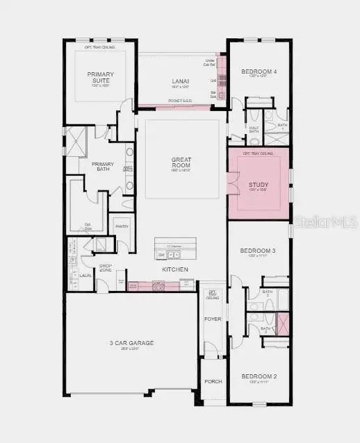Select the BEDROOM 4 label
(259, 72)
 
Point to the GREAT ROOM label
(181, 163)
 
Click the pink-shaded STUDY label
(259, 185)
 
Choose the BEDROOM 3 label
(259, 251)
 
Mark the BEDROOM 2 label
(259, 376)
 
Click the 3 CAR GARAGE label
(131, 343)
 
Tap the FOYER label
(211, 319)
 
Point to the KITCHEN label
(174, 269)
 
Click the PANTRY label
(122, 226)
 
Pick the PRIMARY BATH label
(102, 167)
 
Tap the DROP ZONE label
(106, 268)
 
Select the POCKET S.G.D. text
(180, 101)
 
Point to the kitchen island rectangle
(175, 246)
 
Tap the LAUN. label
(85, 276)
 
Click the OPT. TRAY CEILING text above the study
(258, 153)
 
